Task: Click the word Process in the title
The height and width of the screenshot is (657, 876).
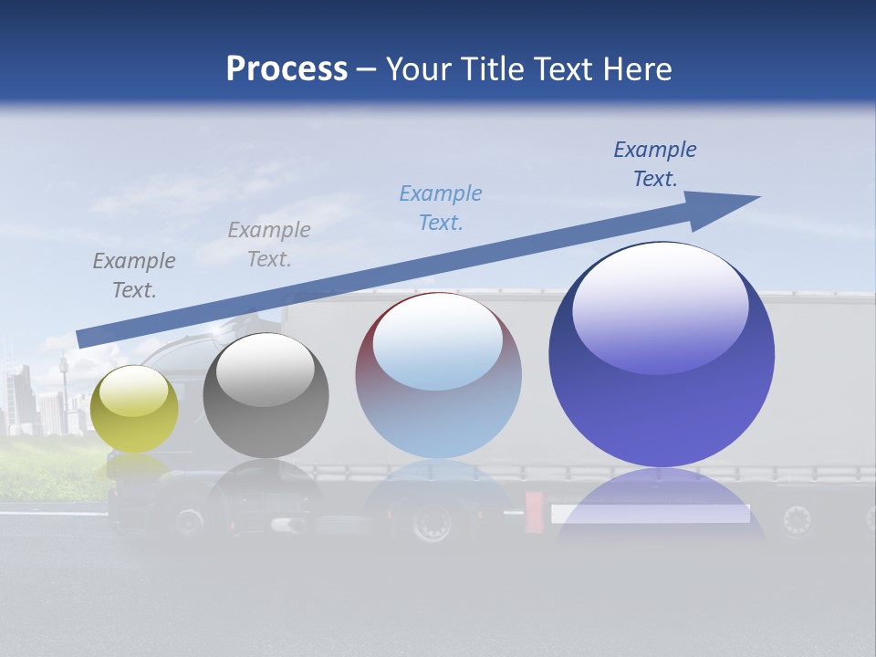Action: [x=287, y=69]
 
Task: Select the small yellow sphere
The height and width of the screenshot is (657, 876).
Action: [x=134, y=409]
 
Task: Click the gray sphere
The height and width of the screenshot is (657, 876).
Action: [x=266, y=395]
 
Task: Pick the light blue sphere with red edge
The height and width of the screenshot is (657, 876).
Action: [x=438, y=376]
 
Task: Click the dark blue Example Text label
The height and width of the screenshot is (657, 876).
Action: [x=654, y=164]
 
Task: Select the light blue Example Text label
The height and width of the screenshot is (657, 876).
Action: [x=441, y=207]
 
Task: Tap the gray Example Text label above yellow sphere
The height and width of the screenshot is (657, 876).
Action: [x=134, y=275]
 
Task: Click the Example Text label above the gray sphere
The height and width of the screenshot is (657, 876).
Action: [x=269, y=244]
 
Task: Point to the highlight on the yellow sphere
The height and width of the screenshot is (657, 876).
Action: [x=133, y=391]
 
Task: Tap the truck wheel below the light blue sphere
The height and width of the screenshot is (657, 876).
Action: [x=431, y=524]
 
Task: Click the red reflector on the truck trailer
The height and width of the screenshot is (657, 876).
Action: [x=535, y=512]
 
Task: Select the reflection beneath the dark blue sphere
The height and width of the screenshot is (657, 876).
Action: [x=662, y=511]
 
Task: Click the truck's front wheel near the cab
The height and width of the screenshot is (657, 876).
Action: [x=189, y=522]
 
